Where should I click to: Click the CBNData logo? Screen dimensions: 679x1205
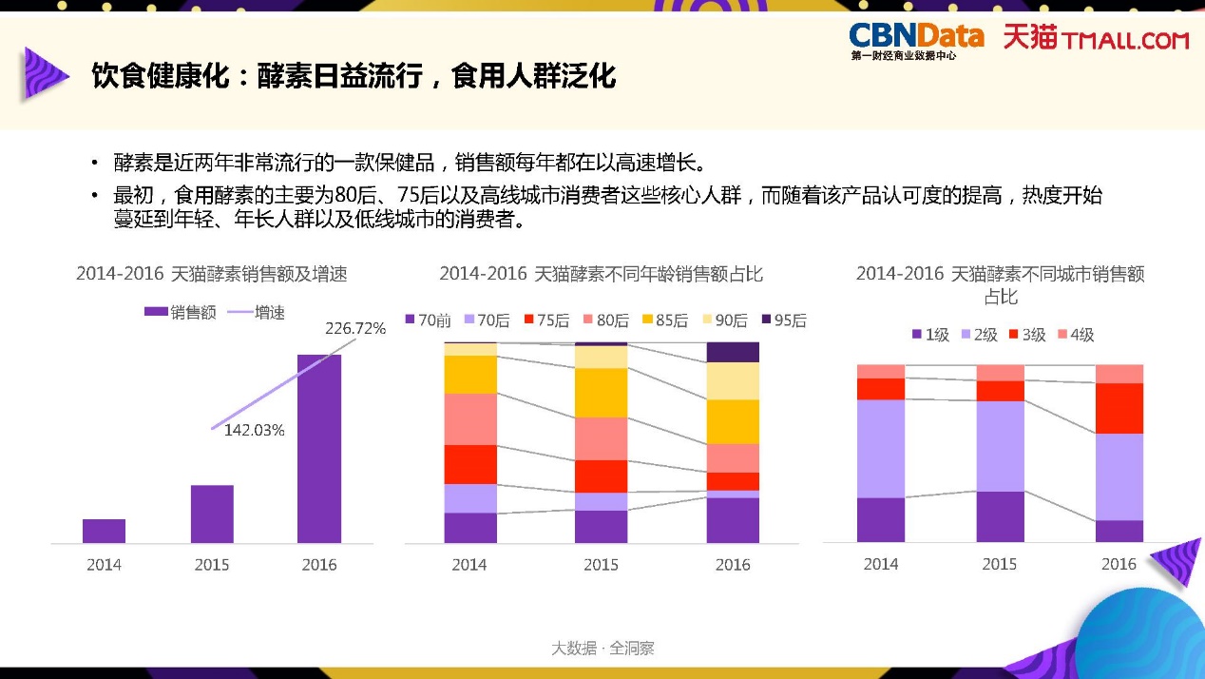coord(915,39)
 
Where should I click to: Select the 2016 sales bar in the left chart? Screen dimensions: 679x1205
coord(319,448)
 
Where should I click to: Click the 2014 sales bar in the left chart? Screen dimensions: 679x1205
coord(104,531)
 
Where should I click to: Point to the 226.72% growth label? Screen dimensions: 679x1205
coord(355,329)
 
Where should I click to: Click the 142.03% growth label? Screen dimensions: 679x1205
coord(254,430)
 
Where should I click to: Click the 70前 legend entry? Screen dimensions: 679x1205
coord(428,320)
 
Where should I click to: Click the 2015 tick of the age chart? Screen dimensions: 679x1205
coord(601,565)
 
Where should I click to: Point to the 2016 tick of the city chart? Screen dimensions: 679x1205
coord(1119,564)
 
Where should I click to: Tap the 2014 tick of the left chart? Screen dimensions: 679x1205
coord(104,565)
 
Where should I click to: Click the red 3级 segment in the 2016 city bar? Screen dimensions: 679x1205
coord(1119,408)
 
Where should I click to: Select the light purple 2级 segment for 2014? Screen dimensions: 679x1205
coord(881,448)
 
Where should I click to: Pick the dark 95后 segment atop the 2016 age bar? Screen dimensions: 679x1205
coord(733,352)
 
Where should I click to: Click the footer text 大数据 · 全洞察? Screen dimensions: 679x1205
coord(602,649)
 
